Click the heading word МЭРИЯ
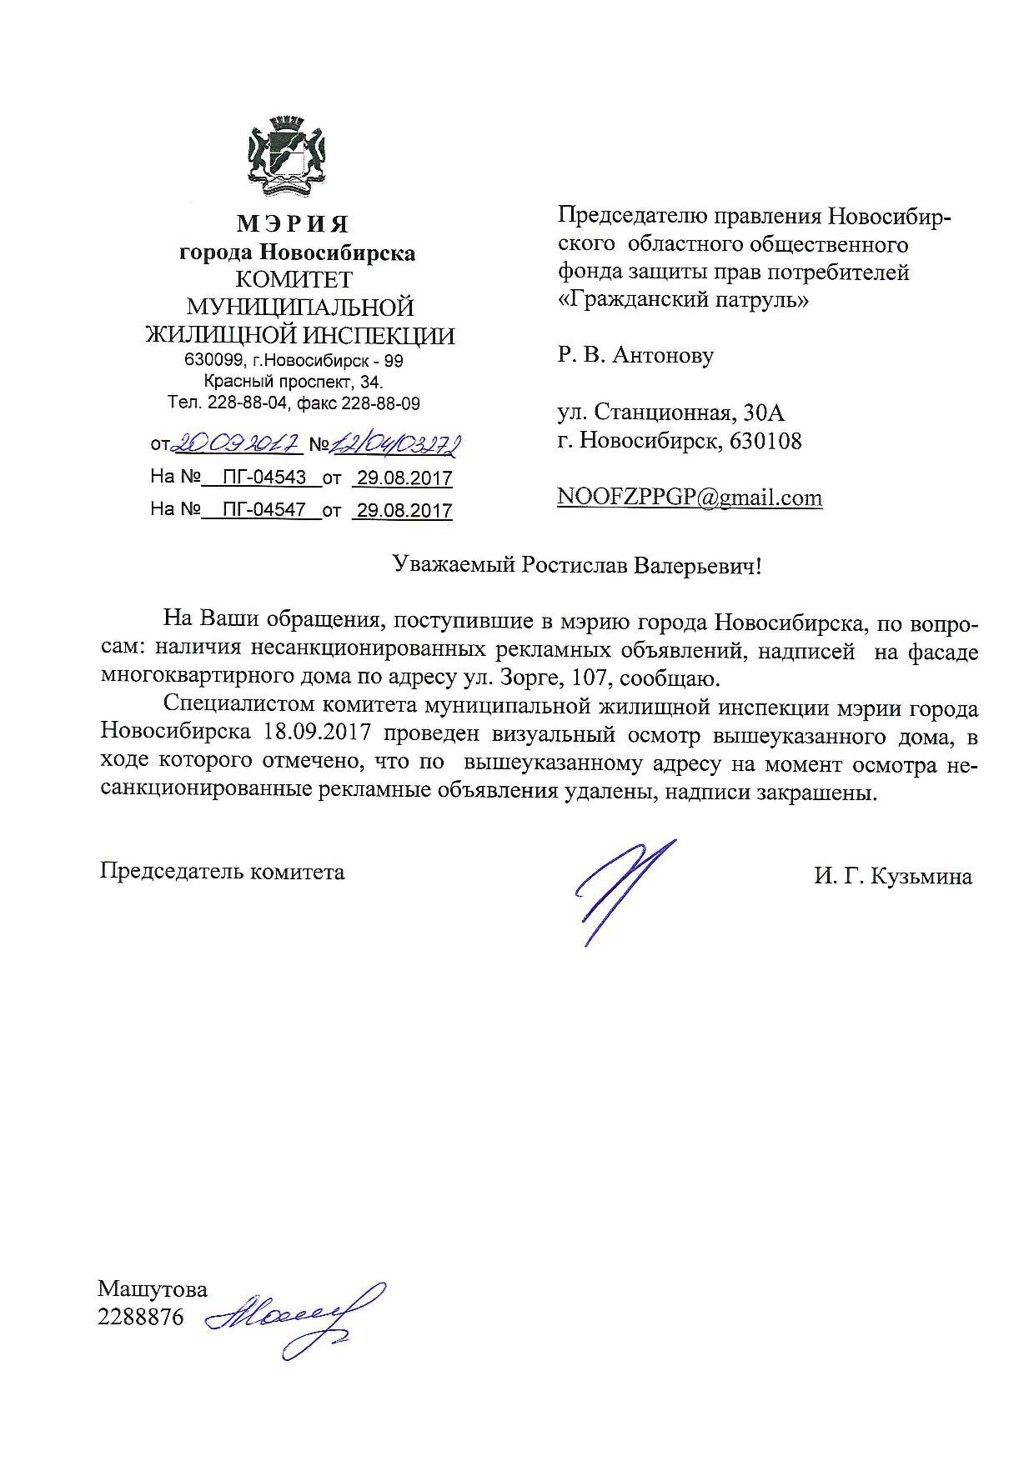pos(293,224)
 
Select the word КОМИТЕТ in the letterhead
pos(294,279)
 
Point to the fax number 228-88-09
pos(381,403)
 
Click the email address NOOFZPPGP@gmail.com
pos(690,498)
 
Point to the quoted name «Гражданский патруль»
pos(682,299)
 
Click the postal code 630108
pos(765,441)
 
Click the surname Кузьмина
pos(922,877)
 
